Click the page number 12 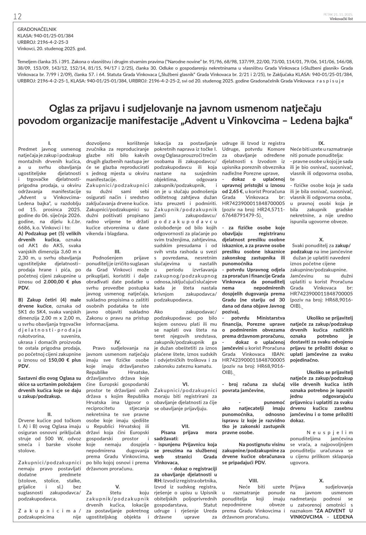pyautogui.click(x=17, y=17)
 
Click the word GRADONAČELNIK pyautogui.click(x=37, y=29)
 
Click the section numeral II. pyautogui.click(x=49, y=414)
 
